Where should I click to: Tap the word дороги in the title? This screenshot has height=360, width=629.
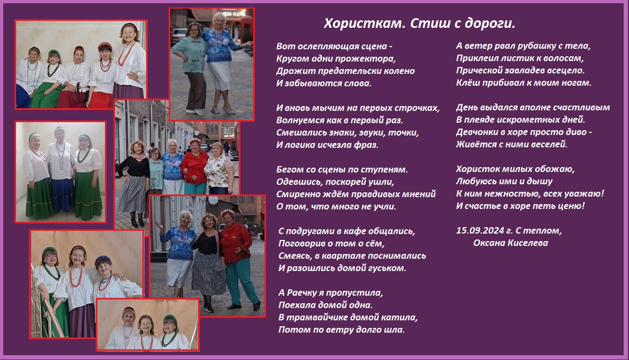[489, 24]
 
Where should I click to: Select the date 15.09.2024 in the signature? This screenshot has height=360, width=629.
[480, 230]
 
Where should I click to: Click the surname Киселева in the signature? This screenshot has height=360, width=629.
[527, 243]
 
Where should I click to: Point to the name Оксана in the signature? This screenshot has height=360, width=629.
[489, 243]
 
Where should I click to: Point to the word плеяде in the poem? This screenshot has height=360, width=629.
[479, 120]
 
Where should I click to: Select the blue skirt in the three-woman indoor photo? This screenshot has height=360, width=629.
[63, 194]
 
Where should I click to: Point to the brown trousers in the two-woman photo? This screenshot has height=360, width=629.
[196, 91]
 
